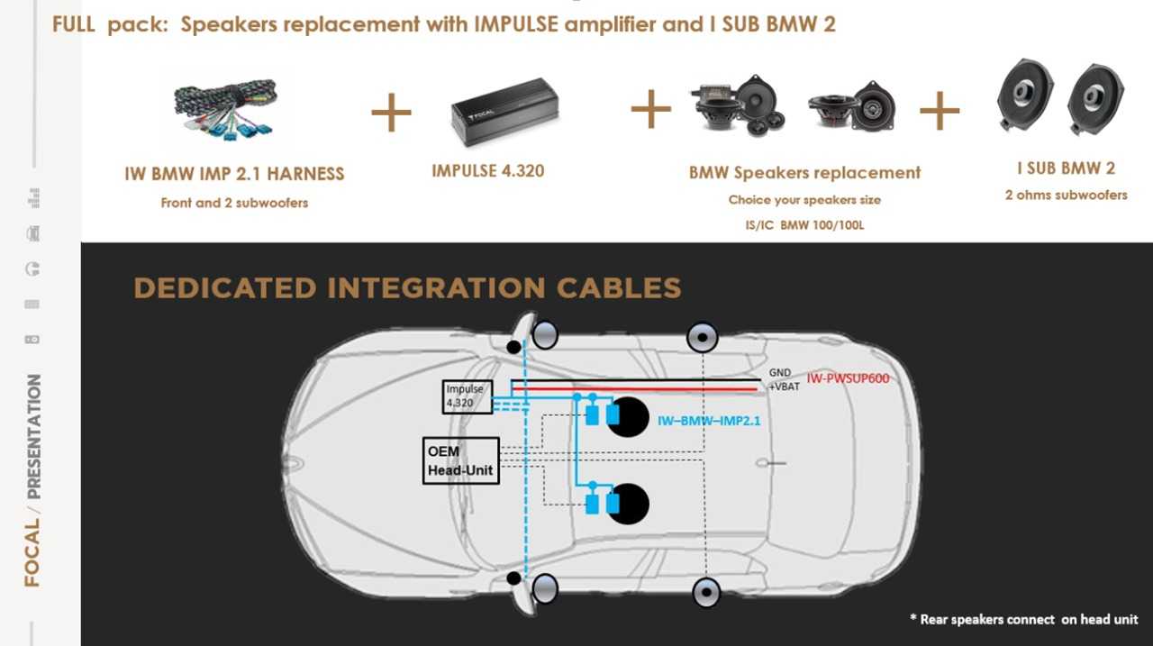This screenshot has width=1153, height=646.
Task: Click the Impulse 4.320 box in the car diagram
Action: [x=468, y=396]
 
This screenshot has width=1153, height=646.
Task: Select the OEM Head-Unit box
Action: [x=460, y=460]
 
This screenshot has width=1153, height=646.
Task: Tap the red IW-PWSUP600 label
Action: [x=848, y=378]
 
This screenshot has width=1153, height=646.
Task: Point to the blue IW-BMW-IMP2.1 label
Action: [x=709, y=421]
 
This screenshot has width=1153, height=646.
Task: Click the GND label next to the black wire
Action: [x=779, y=372]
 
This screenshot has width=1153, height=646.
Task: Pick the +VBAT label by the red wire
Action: [x=784, y=387]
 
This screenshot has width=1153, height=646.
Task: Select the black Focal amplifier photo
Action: [x=504, y=112]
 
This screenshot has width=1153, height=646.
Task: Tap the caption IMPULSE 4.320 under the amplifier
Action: [x=487, y=171]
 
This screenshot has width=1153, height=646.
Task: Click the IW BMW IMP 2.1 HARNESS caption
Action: [x=234, y=174]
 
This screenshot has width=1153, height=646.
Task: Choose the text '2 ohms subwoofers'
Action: [x=1066, y=196]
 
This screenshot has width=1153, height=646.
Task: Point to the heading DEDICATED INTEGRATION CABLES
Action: [x=407, y=287]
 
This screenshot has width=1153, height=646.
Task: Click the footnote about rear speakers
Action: [x=1024, y=619]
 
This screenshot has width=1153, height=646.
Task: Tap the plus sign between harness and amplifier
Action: [x=391, y=113]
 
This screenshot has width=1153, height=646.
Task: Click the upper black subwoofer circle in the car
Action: [x=628, y=417]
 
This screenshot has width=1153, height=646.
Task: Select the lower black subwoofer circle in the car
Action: [x=628, y=504]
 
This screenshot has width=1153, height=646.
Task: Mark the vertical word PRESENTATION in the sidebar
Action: [x=33, y=436]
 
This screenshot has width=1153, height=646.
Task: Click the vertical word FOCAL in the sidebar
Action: [x=32, y=552]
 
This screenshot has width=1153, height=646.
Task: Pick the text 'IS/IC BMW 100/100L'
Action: [x=804, y=225]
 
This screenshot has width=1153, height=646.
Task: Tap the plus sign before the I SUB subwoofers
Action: [x=940, y=111]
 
